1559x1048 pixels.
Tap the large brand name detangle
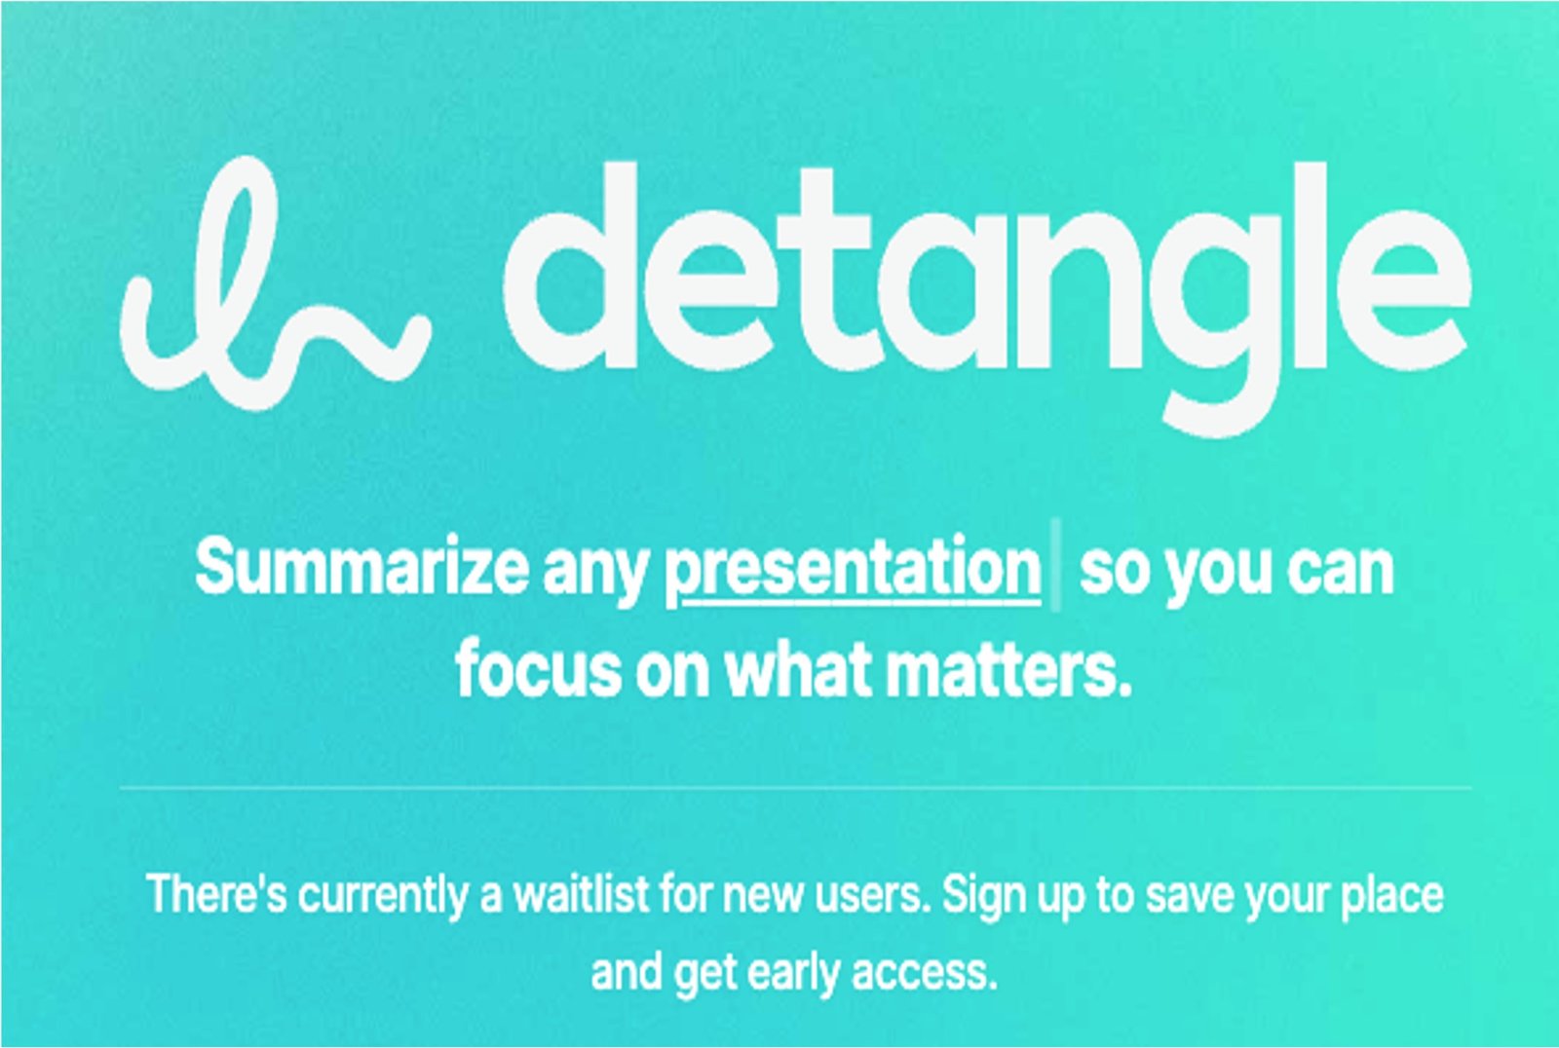point(988,299)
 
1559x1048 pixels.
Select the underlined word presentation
point(854,572)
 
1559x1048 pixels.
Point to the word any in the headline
point(595,575)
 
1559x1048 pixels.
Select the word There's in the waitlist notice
point(216,894)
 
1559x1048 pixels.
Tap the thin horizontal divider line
point(795,788)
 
